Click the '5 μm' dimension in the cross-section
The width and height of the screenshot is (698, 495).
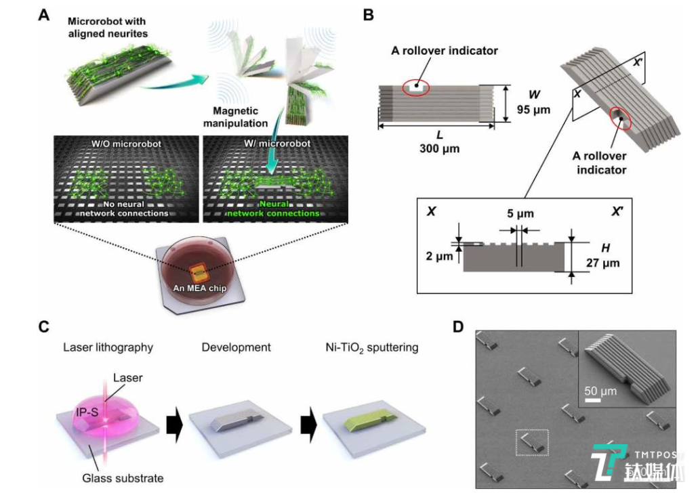coord(520,214)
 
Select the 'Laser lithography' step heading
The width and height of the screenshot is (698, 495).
coord(108,347)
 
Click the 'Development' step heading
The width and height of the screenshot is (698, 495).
coord(236,347)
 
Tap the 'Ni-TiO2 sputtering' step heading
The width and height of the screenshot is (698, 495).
coord(369,347)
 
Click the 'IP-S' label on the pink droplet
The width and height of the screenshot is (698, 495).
coord(88,410)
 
